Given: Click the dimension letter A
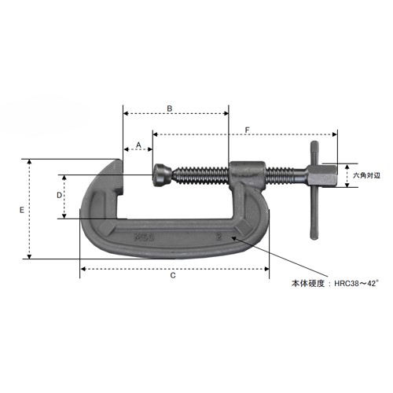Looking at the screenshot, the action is (138, 145).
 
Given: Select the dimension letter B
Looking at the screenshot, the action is (170, 108).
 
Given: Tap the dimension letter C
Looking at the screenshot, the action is (173, 275).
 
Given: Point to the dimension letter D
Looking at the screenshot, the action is (60, 195).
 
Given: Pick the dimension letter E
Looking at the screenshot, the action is (22, 210).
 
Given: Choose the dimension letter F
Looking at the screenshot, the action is (247, 130).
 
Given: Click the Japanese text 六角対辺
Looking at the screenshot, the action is (366, 175).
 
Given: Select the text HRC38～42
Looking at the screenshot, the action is (356, 284).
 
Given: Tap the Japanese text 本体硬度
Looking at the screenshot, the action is (308, 284).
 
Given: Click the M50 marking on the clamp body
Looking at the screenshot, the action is (144, 237).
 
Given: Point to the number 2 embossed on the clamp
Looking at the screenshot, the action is (219, 237).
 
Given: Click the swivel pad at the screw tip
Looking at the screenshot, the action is (162, 175).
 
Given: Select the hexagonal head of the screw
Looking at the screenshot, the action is (322, 176).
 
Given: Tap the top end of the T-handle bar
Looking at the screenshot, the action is (314, 143).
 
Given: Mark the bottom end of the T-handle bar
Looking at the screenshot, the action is (314, 237).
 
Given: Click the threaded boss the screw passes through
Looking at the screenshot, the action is (248, 174).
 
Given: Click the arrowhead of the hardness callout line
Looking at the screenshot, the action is (233, 238).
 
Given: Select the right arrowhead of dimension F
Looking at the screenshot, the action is (335, 134).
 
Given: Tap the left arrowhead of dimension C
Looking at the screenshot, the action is (83, 269).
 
